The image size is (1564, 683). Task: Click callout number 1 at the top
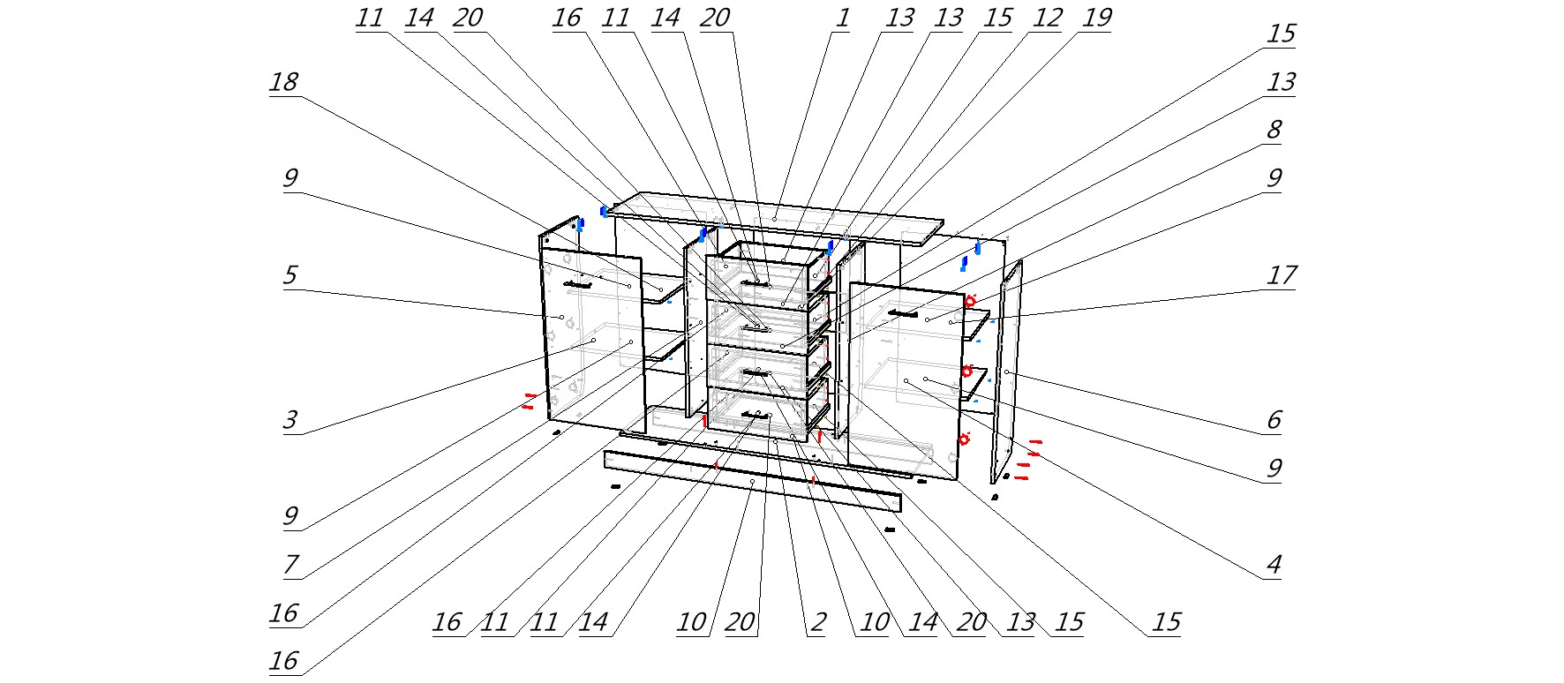[842, 19]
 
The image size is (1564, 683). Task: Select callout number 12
[1046, 19]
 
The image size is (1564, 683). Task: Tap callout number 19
[1095, 19]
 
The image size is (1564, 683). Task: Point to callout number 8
[1273, 130]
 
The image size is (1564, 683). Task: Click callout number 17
[1282, 275]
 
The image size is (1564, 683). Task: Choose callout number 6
[1273, 420]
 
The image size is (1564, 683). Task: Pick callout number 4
[1273, 565]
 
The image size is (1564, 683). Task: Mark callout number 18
[284, 82]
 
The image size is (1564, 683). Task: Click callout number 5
[289, 275]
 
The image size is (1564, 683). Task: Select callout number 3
[289, 420]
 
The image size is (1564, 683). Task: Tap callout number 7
[289, 565]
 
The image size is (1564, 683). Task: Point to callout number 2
[817, 622]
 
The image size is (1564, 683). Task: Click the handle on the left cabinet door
[578, 284]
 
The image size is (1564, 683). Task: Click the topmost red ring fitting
[969, 302]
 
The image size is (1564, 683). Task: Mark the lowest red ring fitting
[964, 439]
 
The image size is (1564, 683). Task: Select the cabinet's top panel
[775, 217]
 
